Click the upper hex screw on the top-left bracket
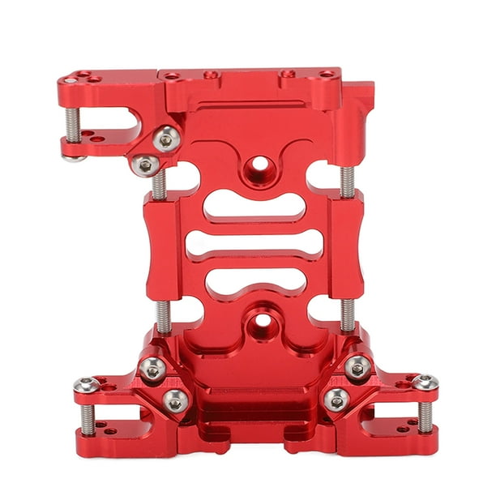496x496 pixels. pos(166,139)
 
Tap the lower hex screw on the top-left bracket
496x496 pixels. pos(145,165)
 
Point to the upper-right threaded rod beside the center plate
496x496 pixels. pos(347,182)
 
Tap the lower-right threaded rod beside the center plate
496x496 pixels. pos(347,314)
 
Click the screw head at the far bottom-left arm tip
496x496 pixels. pos(86,384)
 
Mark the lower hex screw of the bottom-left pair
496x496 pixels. pos(176,400)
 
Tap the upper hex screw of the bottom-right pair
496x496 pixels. pos(357,368)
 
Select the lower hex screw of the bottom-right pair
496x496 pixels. pos(336,398)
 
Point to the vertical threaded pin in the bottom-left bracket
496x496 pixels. pos(86,417)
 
